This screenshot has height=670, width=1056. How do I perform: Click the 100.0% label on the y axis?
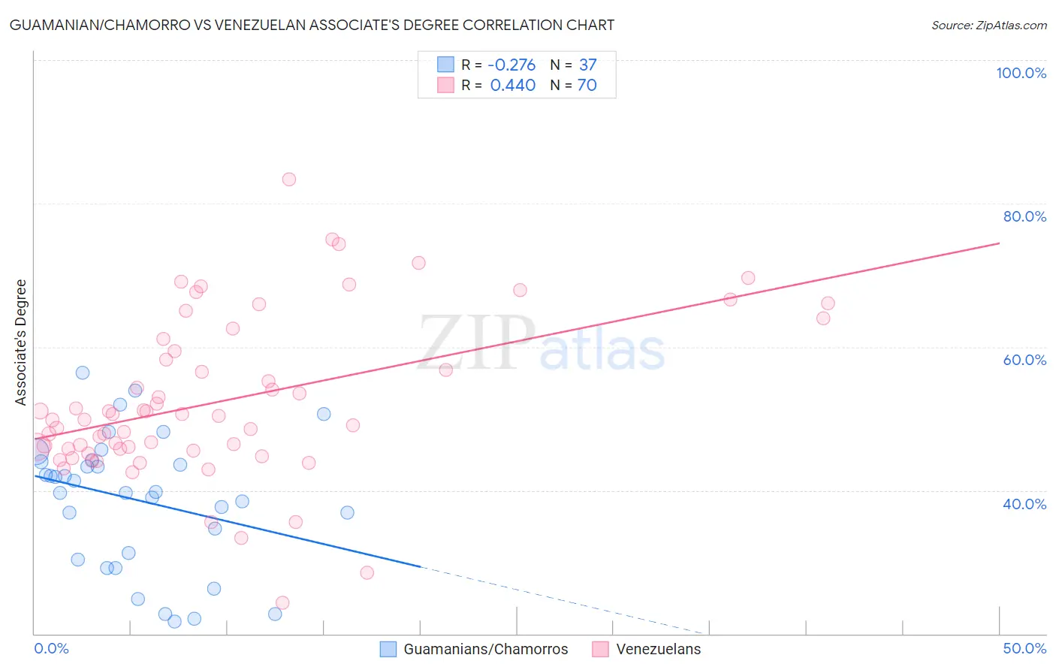pos(1021,73)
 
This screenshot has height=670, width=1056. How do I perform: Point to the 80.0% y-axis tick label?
pos(1024,216)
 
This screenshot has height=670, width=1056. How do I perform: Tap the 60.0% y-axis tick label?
pos(1024,360)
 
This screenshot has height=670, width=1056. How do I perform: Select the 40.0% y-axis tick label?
pos(1024,504)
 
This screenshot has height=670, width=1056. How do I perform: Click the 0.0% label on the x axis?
pos(51,648)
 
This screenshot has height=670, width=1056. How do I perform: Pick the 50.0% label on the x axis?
pos(1024,648)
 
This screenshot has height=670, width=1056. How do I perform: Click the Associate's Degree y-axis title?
pos(21,342)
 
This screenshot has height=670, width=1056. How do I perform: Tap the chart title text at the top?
pos(312,26)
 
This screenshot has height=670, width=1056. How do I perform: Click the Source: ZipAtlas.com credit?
pos(988,26)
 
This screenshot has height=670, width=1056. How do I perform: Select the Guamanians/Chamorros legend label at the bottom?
pos(485,649)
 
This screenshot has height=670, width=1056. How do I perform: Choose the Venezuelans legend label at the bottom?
pos(658,649)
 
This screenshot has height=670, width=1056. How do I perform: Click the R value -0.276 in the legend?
pos(511,65)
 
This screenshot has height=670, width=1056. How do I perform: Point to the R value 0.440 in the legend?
pos(513,86)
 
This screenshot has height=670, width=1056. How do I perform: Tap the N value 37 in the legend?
pos(587,65)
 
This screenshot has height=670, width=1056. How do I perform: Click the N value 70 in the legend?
pos(587,86)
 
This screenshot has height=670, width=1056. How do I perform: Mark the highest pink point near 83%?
pos(289,180)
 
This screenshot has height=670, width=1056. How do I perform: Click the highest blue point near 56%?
pos(83,373)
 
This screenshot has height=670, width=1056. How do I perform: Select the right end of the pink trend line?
pos(999,243)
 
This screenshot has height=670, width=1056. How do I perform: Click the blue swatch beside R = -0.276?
pos(445,65)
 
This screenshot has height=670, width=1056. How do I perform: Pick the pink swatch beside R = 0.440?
pos(445,85)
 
